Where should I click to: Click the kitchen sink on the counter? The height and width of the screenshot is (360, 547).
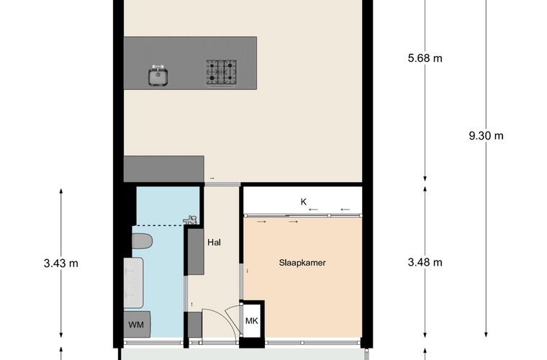[x=158, y=76]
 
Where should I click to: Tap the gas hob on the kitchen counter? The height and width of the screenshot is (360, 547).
[x=221, y=72]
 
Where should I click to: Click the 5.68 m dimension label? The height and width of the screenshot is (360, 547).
[x=425, y=58]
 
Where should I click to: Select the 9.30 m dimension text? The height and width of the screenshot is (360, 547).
[x=486, y=135]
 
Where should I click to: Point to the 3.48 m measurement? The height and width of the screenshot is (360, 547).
[x=425, y=262]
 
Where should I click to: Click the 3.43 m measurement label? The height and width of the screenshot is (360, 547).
[x=61, y=264]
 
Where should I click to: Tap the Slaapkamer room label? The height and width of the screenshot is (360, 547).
[x=302, y=263]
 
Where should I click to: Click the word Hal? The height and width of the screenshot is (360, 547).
[x=214, y=243]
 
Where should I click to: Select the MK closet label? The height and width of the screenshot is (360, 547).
[x=251, y=320]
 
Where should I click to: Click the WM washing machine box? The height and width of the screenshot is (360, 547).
[x=137, y=325]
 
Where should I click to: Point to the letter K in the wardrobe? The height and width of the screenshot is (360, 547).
[x=304, y=202]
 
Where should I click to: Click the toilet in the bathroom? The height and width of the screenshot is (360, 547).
[x=143, y=241]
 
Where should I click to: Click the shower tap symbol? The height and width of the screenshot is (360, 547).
[x=191, y=220]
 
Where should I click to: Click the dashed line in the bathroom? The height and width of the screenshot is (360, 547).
[x=160, y=225]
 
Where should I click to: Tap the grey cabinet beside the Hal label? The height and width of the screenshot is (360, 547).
[x=196, y=251]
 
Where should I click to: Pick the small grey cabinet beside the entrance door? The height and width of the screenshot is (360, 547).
[x=195, y=325]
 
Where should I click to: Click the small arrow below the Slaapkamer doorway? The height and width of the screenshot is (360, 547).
[x=248, y=271]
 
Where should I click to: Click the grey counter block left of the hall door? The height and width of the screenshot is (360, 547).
[x=164, y=168]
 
